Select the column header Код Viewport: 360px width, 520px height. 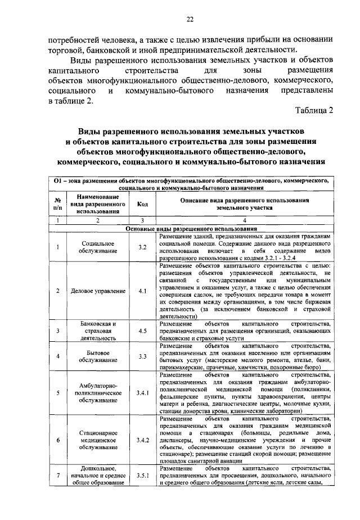[142, 204]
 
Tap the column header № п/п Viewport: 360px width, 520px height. [57, 204]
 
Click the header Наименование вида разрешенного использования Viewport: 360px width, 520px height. [98, 204]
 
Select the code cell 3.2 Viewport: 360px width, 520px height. [142, 247]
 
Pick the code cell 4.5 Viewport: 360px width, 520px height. [142, 331]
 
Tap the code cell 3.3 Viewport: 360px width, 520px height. [142, 356]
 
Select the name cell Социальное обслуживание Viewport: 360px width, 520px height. [98, 247]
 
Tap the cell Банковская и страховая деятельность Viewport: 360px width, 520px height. [98, 331]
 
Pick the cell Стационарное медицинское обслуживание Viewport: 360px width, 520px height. [98, 440]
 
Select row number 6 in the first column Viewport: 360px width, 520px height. [57, 440]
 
